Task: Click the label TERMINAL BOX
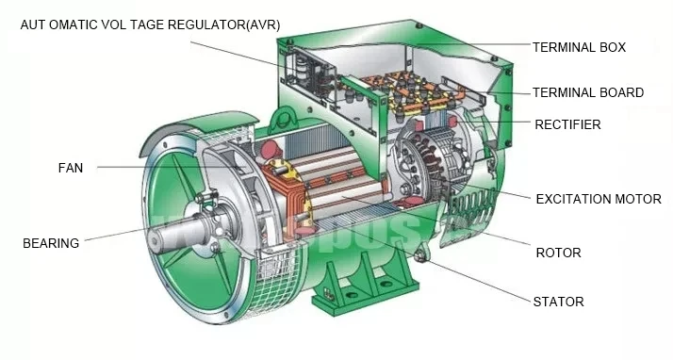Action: click(578, 46)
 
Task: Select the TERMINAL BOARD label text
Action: click(587, 92)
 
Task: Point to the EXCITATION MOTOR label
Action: click(598, 199)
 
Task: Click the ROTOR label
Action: click(557, 253)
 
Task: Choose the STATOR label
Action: click(558, 302)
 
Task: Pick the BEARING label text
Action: click(50, 243)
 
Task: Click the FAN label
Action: click(70, 168)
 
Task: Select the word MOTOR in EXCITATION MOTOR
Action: click(637, 199)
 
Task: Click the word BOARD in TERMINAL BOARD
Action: click(621, 92)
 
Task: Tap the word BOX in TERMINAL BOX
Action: click(610, 46)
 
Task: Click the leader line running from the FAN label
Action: click(151, 168)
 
